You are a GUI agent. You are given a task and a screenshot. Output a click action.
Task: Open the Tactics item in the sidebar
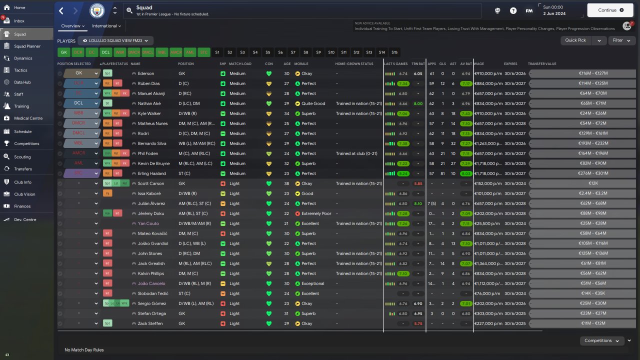(x=20, y=70)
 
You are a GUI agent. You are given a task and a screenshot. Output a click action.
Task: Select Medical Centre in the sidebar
(x=28, y=118)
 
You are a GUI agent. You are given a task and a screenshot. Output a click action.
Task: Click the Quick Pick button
(x=575, y=40)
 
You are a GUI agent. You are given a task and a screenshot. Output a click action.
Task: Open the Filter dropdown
(x=621, y=40)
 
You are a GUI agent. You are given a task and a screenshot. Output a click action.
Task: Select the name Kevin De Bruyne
(x=153, y=163)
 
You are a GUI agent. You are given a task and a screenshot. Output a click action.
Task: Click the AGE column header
(x=287, y=64)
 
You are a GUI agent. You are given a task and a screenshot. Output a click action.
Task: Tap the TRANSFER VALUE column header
(x=542, y=64)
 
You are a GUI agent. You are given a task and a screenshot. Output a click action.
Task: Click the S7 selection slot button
(x=293, y=52)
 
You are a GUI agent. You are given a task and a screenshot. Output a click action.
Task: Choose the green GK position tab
(x=63, y=52)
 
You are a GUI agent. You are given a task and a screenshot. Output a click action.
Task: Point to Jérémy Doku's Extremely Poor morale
(x=316, y=213)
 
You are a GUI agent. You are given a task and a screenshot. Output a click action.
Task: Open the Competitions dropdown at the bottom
(x=601, y=340)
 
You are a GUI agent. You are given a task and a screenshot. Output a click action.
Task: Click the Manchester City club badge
(x=97, y=10)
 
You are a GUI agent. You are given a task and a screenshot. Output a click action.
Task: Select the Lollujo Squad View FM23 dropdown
(x=118, y=40)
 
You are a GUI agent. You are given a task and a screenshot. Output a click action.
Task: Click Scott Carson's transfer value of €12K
(x=582, y=183)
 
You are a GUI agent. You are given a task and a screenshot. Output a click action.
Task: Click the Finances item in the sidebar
(x=22, y=206)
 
